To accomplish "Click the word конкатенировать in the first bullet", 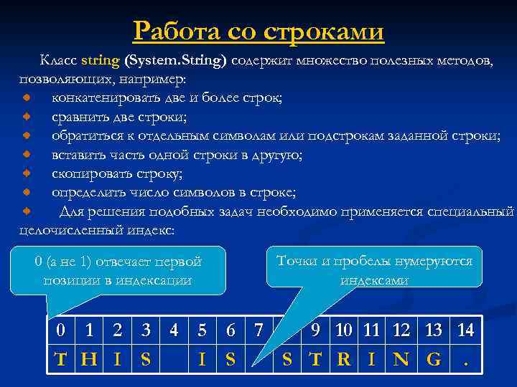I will pyautogui.click(x=107, y=97).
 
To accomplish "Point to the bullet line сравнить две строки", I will pyautogui.click(x=118, y=116).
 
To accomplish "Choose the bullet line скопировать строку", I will pyautogui.click(x=116, y=173).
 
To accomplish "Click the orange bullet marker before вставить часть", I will pyautogui.click(x=27, y=154).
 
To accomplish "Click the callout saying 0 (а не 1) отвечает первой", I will pyautogui.click(x=118, y=271).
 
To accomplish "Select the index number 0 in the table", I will pyautogui.click(x=62, y=330).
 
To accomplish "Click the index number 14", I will pyautogui.click(x=465, y=330).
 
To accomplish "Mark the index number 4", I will pyautogui.click(x=173, y=330).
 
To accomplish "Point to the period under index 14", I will pyautogui.click(x=465, y=360).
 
